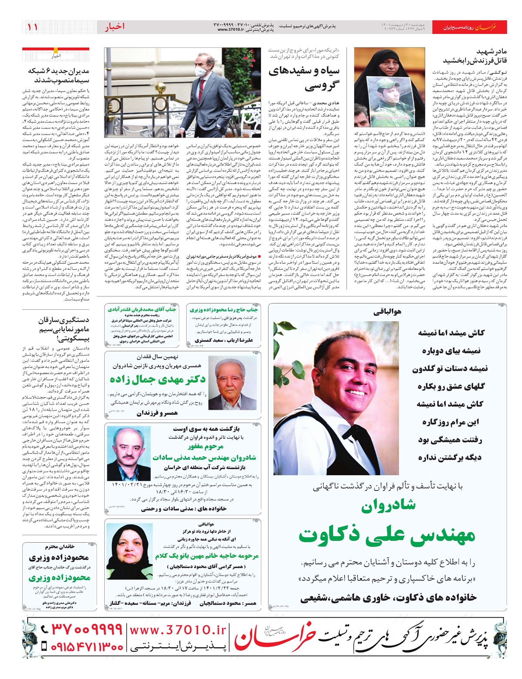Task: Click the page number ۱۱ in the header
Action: click(33, 27)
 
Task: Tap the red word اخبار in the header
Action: click(114, 27)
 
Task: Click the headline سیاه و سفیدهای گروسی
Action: click(304, 78)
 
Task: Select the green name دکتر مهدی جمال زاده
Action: click(157, 380)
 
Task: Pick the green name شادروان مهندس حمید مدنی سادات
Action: click(204, 457)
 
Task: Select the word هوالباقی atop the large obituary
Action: click(387, 312)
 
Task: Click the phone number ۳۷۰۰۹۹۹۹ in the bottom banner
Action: click(82, 629)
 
